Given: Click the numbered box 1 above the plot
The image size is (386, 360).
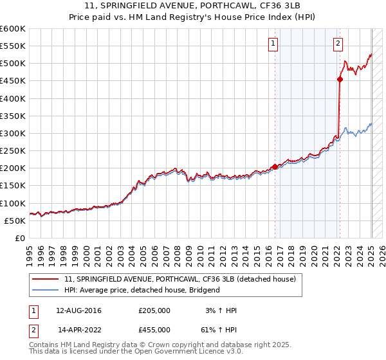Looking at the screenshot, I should point(273,44).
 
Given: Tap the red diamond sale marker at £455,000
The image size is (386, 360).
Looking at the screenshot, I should point(340,80).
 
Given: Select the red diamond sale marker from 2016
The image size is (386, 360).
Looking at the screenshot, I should point(275,166).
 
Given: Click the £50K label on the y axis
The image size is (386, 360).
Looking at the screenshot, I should point(15,221).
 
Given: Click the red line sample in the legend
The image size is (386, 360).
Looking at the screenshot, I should point(46,279).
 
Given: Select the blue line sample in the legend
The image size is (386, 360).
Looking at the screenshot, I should point(46,290).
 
